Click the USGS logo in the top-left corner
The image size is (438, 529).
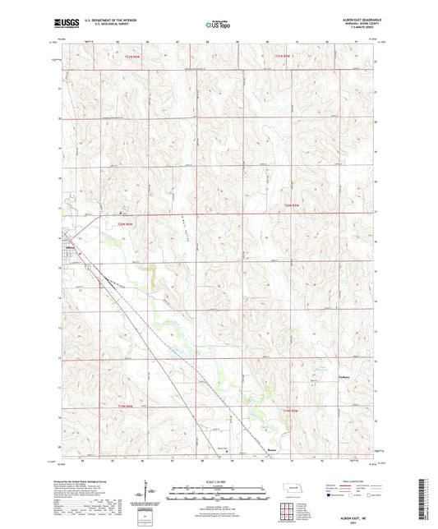point(61,24)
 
